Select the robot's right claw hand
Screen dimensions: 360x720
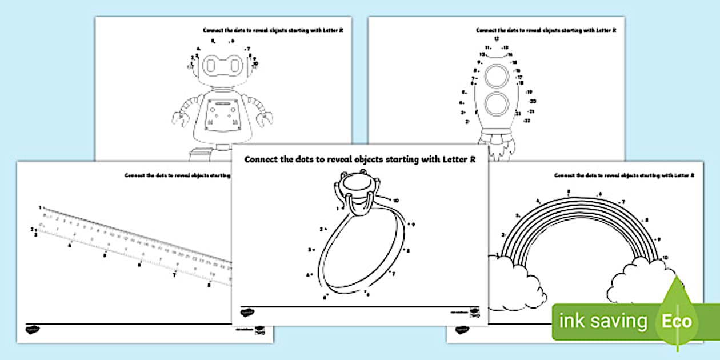(264, 119)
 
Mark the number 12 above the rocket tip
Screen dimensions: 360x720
(496, 38)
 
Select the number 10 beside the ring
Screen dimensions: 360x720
(395, 200)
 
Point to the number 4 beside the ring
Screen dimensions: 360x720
(308, 275)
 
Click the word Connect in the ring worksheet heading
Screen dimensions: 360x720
(262, 160)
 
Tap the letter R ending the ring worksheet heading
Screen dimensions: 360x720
(472, 160)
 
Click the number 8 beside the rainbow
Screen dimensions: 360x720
(646, 220)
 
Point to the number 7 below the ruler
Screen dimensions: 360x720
(174, 275)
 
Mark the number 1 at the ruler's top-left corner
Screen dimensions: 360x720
(40, 207)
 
